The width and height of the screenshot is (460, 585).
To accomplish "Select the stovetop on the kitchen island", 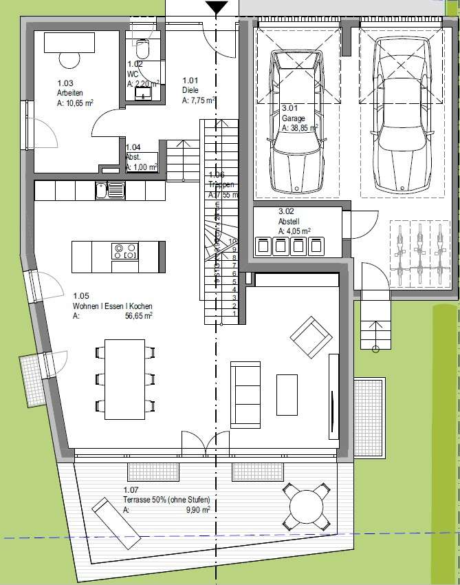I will point(124,252).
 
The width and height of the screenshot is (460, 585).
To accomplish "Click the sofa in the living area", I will point(245,393).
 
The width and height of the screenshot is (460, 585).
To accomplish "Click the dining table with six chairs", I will point(124,374).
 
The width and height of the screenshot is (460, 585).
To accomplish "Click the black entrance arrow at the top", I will point(217,8).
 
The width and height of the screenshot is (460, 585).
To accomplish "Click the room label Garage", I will point(293,118).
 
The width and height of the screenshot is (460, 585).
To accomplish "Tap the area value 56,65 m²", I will point(138,316).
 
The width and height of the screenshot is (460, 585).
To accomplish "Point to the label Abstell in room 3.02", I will point(288,222).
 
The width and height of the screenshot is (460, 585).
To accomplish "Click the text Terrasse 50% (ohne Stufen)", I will point(166,500).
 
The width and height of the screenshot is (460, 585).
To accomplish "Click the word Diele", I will point(190,90).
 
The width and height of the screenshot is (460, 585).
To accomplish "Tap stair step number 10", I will point(234,241).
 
